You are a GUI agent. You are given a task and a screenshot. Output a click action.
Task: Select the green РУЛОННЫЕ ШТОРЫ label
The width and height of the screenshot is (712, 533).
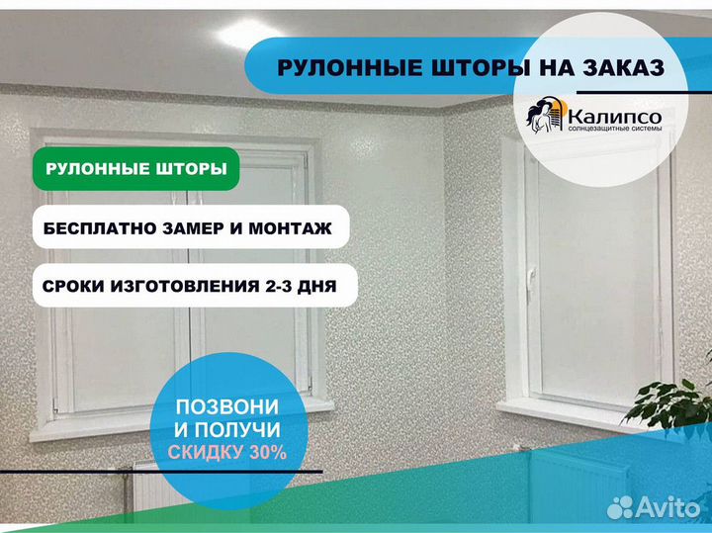click(x=136, y=168)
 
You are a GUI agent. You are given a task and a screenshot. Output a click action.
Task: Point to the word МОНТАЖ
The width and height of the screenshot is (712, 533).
click(x=290, y=227)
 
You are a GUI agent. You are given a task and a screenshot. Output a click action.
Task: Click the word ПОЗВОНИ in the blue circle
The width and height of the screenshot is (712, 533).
click(x=227, y=406)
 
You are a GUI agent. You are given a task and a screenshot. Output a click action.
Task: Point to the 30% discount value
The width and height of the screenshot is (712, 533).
click(x=267, y=452)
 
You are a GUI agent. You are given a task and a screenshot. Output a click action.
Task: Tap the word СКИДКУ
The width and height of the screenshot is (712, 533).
click(x=206, y=452)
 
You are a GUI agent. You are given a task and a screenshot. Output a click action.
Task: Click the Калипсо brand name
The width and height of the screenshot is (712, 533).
click(x=615, y=117)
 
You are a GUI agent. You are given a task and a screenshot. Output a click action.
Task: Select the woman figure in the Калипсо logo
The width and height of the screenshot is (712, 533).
click(x=541, y=117)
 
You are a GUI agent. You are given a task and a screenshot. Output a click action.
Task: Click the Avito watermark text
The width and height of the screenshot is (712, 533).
click(x=667, y=507)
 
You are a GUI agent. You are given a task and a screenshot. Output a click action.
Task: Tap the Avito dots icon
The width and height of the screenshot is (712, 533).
click(x=620, y=507)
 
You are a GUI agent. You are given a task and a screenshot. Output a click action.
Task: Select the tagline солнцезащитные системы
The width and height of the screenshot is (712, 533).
click(x=615, y=129)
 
